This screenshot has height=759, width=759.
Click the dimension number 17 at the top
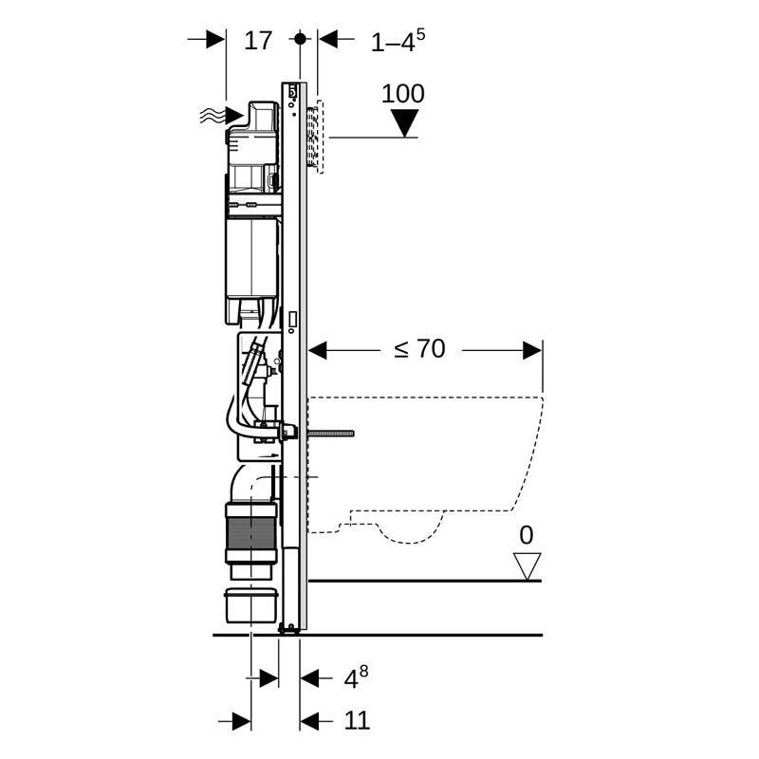(258, 40)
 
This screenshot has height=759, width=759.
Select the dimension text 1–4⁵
(397, 40)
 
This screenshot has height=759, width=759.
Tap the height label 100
(402, 94)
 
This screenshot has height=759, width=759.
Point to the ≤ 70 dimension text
(419, 349)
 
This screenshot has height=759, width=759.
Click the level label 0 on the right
(526, 535)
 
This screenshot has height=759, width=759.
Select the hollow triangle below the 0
(526, 566)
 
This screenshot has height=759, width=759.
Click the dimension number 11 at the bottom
(356, 721)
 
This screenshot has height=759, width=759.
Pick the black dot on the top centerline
(300, 39)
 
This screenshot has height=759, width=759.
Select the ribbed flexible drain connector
(250, 535)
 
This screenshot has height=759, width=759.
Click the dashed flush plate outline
(317, 135)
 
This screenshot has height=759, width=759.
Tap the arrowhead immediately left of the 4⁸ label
(309, 677)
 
